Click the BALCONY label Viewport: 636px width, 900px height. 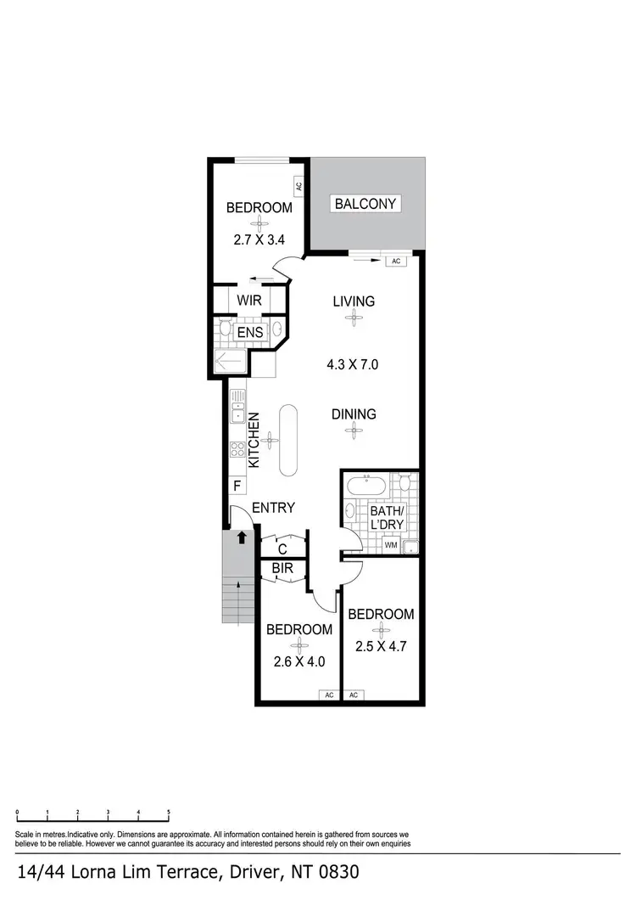(365, 204)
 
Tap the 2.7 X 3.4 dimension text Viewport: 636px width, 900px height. (259, 240)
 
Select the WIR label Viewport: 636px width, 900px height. (248, 300)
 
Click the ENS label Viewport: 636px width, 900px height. (249, 332)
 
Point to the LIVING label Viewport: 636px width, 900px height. (353, 301)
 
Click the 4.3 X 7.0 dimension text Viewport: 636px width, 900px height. (352, 365)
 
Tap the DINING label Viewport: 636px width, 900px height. (354, 414)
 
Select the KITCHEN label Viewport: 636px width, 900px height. (254, 440)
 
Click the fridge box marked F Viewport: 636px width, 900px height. (237, 487)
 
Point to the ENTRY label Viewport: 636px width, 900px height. (273, 508)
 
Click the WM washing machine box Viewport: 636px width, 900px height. (390, 544)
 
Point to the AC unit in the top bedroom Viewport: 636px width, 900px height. (298, 186)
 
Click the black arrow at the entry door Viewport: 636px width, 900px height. (241, 537)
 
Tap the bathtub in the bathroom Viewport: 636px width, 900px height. (365, 487)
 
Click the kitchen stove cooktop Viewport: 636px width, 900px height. (237, 449)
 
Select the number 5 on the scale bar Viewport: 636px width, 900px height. (169, 813)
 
